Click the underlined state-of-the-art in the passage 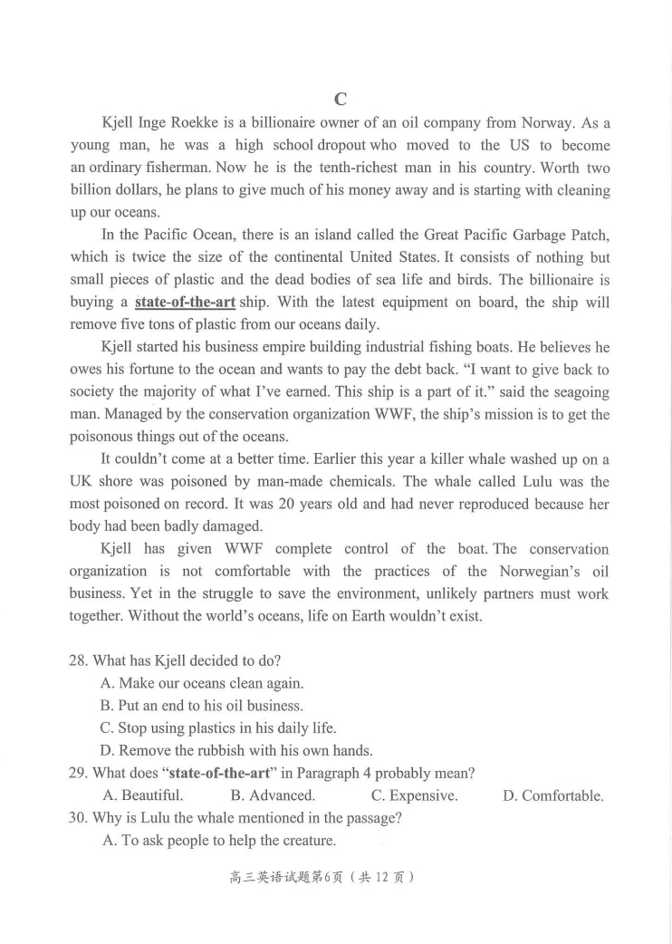tap(185, 303)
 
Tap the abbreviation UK tap(82, 482)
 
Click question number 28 tap(79, 660)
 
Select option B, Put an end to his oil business tap(201, 706)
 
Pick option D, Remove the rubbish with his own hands tap(236, 750)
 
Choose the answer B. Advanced tap(273, 795)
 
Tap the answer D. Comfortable tap(552, 795)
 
